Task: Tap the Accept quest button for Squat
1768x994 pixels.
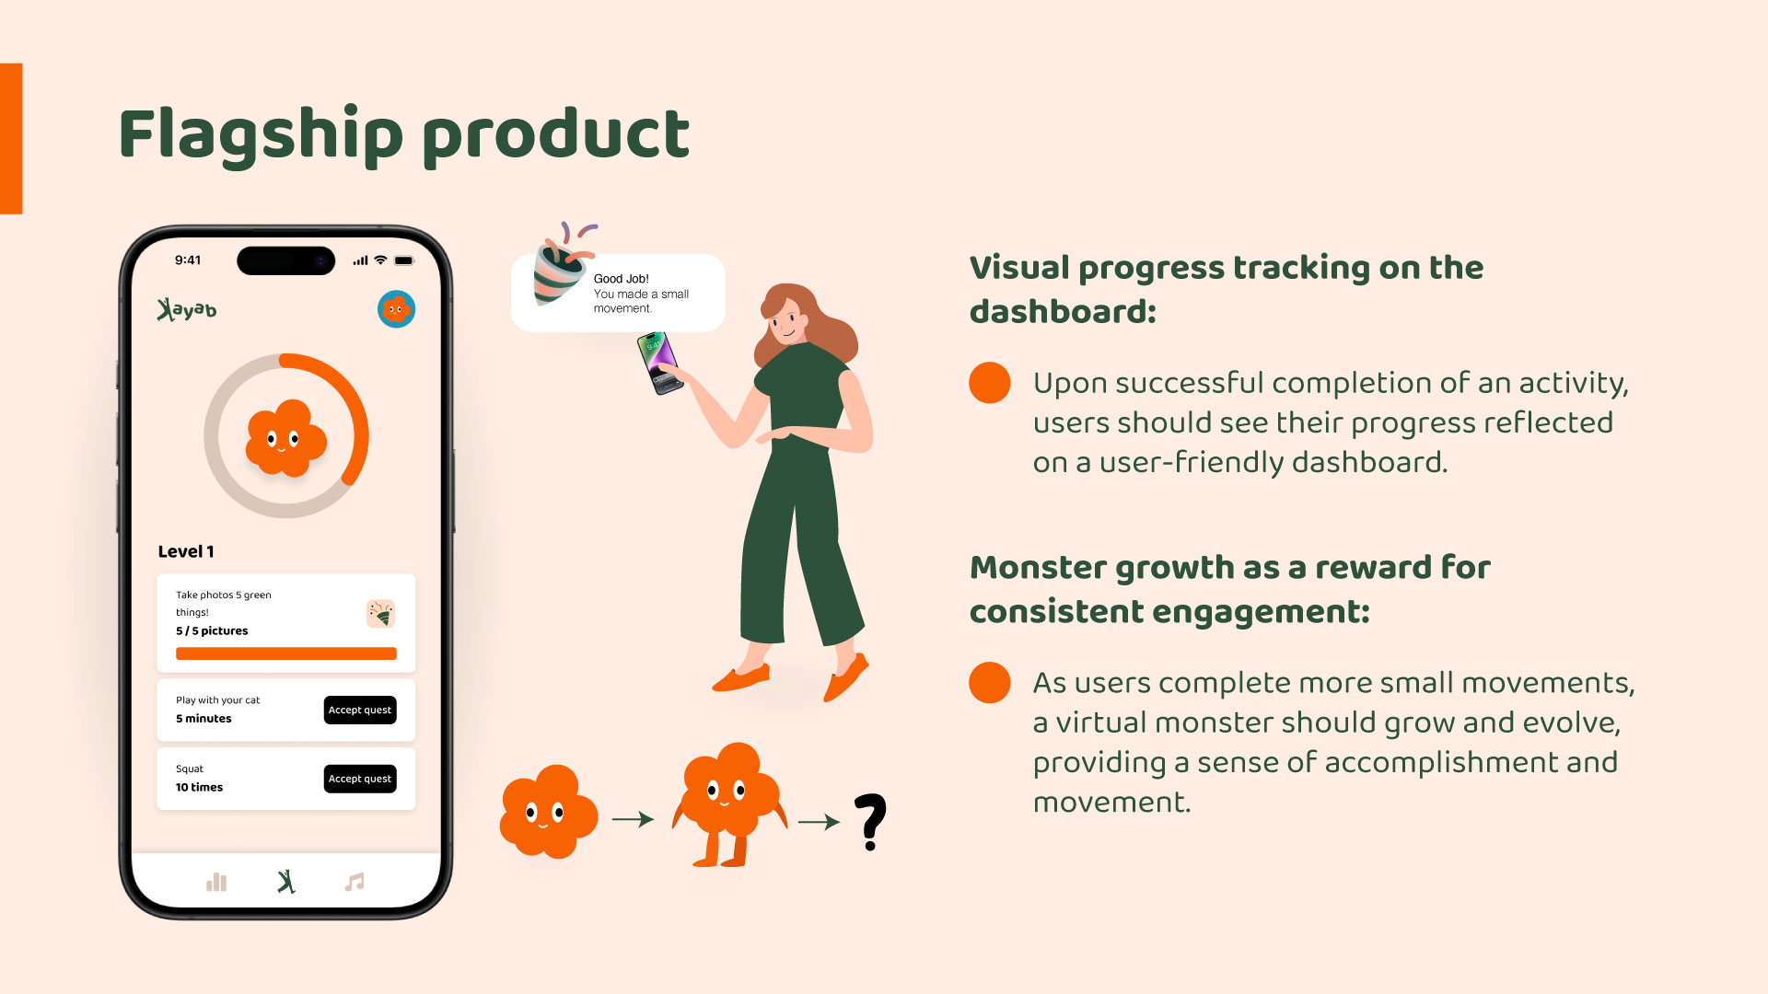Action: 360,779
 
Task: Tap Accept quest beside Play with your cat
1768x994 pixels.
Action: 360,710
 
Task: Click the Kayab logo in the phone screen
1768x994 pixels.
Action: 187,309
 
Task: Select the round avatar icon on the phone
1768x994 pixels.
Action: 396,309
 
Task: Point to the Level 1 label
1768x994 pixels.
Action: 186,551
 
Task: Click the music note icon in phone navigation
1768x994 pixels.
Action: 355,882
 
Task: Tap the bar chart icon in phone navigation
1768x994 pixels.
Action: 216,882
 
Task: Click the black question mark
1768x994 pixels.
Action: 870,821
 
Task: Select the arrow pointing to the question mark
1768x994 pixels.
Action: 819,822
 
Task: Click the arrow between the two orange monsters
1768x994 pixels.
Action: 633,819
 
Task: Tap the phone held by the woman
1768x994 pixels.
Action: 659,363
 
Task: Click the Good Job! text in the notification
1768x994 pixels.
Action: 622,279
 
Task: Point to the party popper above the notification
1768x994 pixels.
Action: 563,264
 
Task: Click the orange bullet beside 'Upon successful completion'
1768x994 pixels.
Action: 990,383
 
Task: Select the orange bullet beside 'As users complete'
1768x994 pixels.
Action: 990,683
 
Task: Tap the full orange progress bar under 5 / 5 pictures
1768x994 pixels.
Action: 286,653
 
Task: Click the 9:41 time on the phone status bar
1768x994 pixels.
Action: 188,260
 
